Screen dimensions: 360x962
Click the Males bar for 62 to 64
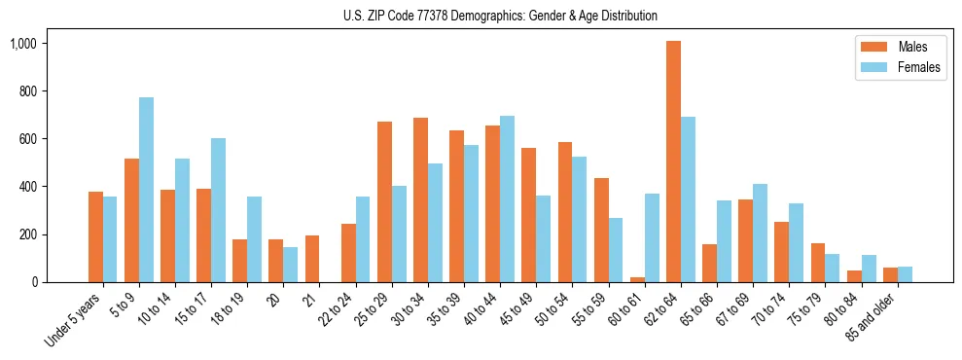click(x=673, y=162)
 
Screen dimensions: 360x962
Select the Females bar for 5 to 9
click(x=146, y=190)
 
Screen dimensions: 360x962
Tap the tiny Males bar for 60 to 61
click(x=637, y=279)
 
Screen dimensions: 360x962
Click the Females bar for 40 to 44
click(x=507, y=199)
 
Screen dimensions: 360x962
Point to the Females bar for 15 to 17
click(x=218, y=210)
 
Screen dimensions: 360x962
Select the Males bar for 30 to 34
click(x=420, y=199)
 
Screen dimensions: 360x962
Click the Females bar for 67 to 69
click(x=760, y=233)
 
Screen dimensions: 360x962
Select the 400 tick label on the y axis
click(x=53, y=187)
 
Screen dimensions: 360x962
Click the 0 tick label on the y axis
click(x=59, y=282)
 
